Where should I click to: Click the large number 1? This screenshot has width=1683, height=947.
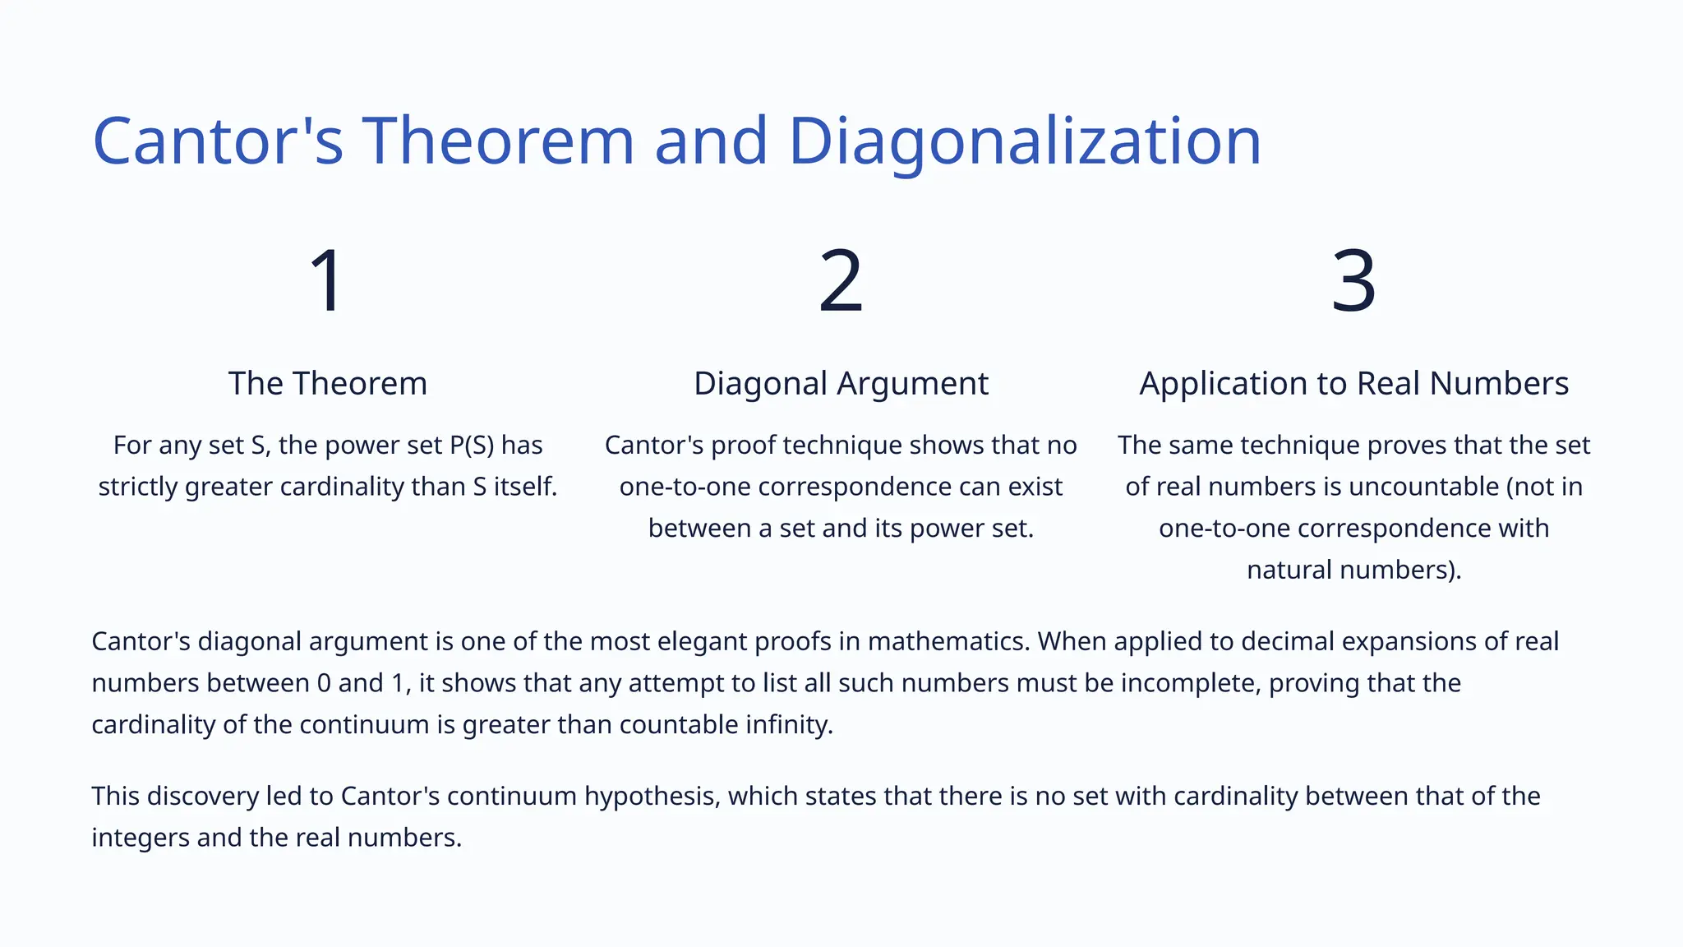pos(328,281)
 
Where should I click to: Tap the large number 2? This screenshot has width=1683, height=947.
pos(841,281)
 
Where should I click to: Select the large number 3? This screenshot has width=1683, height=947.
pos(1353,281)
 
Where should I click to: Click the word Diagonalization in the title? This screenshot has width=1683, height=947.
pos(1024,141)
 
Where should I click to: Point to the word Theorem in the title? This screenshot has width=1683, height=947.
pos(498,141)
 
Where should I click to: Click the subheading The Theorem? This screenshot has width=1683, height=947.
pos(328,384)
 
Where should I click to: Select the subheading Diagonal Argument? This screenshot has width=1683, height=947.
pos(841,384)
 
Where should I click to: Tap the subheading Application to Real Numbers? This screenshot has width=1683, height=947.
pos(1353,384)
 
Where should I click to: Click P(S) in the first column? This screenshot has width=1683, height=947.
pos(472,446)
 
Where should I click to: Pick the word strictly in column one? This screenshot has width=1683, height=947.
pos(138,487)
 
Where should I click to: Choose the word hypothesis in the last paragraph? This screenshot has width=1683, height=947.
pos(648,797)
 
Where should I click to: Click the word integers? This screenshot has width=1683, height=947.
pos(141,838)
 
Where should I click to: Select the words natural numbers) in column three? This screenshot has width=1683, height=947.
pos(1353,570)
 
